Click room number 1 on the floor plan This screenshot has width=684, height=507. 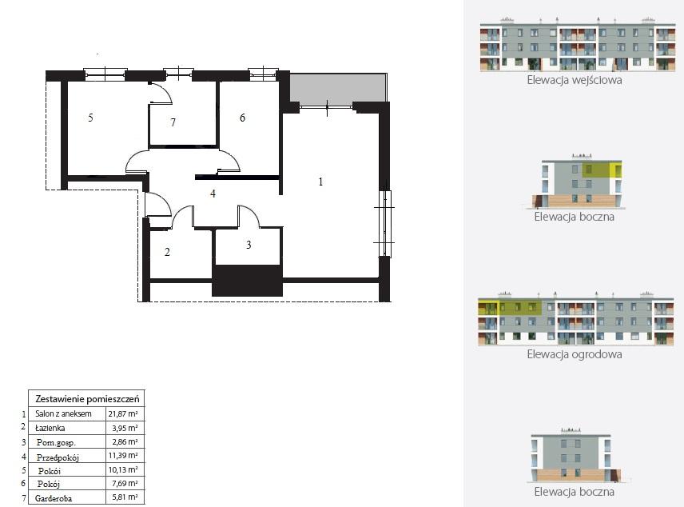[x=320, y=182]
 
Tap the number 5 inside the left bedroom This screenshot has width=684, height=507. [x=90, y=118]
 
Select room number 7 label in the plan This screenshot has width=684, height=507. [x=173, y=122]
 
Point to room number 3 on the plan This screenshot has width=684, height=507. [x=249, y=245]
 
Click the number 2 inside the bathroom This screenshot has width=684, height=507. [x=167, y=252]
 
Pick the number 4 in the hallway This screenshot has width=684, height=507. [x=213, y=194]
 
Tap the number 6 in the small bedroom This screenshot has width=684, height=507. [x=243, y=118]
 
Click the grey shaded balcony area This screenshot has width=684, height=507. [x=338, y=88]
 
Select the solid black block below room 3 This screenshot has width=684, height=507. [x=248, y=281]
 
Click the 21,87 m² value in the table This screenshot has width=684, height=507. [x=123, y=413]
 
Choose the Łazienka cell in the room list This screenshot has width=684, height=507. [x=50, y=429]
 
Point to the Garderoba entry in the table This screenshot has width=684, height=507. [x=54, y=498]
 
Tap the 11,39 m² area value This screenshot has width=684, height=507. [x=123, y=456]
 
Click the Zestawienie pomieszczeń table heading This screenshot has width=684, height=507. [x=87, y=399]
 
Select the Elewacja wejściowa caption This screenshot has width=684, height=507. [x=575, y=80]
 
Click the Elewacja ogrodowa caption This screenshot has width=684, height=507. [x=575, y=354]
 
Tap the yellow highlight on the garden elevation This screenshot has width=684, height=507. [x=510, y=306]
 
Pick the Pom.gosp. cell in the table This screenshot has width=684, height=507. [x=56, y=442]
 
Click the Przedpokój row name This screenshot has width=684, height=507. [x=58, y=457]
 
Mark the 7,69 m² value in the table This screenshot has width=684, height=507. [x=125, y=484]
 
